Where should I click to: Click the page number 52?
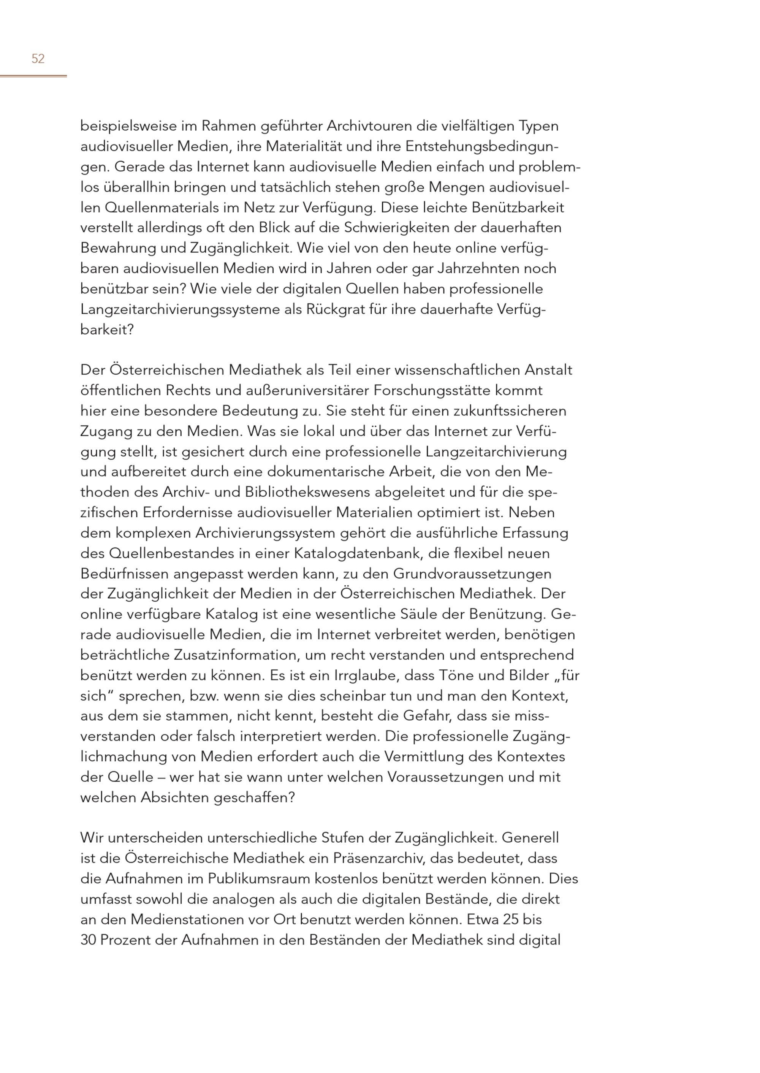(x=38, y=59)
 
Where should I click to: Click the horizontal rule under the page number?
(x=33, y=76)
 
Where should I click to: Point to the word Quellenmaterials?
(x=172, y=208)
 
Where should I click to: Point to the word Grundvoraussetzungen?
(x=472, y=574)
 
